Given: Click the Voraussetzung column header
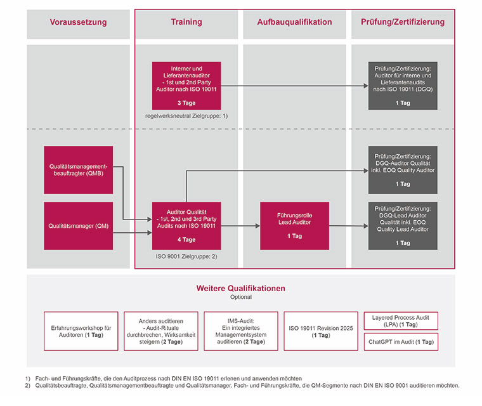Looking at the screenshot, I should point(78,22).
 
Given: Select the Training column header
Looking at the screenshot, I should point(186,22).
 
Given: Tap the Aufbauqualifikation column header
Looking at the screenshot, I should point(294,22).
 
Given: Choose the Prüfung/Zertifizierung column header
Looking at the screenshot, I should point(403,22).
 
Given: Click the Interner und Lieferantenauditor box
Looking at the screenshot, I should point(186,85).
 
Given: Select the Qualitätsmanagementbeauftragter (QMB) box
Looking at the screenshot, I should point(78,170).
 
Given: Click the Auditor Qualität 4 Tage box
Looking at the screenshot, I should point(186,226).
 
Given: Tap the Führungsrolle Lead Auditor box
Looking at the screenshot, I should point(294,226).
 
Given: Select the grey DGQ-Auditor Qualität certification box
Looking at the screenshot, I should point(403,170).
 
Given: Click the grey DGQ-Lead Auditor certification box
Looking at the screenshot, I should point(403,226).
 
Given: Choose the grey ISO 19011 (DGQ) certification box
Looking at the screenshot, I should point(403,85).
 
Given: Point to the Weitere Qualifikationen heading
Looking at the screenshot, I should point(240,288).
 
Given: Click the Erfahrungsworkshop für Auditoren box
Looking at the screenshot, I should point(81,331).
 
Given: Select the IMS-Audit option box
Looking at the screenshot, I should point(241,331).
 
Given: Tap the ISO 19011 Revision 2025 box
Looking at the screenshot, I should point(321,331).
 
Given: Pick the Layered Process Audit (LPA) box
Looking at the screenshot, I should point(400,320).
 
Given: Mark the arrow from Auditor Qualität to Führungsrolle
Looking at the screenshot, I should point(240,226).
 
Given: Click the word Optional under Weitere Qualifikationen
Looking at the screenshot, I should point(240,297).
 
